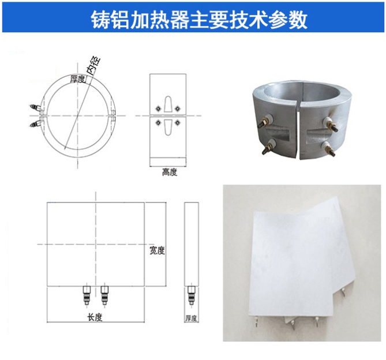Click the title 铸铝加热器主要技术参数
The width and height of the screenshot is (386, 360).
point(199,20)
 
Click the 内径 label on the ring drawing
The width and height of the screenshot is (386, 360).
point(94,65)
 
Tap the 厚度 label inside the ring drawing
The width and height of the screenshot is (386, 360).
point(77,79)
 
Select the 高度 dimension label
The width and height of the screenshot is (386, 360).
point(170,172)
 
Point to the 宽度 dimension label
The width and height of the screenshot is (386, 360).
point(157,250)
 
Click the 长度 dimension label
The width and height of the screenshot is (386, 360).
point(95,317)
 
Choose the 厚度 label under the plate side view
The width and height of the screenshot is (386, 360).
point(192,318)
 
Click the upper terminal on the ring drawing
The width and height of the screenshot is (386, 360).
point(36,108)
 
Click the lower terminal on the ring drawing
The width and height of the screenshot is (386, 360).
point(36,123)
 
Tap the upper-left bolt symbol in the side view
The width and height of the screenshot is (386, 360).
point(158,108)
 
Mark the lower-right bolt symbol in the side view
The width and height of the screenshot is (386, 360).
point(177,122)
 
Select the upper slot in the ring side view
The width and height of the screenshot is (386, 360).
point(167,104)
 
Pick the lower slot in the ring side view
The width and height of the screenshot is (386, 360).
point(167,127)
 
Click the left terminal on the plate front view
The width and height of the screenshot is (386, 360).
point(87,295)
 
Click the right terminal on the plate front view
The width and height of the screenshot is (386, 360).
point(104,295)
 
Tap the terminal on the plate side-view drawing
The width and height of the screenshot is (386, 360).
point(192,295)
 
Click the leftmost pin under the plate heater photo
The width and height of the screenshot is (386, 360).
point(257,321)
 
